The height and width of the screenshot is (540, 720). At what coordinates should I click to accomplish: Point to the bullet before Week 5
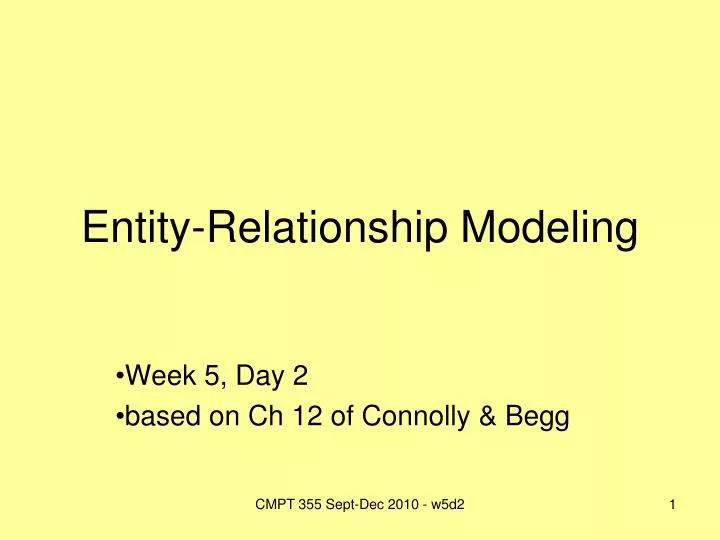tap(121, 377)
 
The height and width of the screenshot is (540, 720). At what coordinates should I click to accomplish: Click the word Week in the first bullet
tap(161, 376)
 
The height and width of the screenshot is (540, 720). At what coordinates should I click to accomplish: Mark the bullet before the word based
tap(121, 419)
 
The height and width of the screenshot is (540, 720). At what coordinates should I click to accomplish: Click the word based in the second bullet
tap(162, 418)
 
